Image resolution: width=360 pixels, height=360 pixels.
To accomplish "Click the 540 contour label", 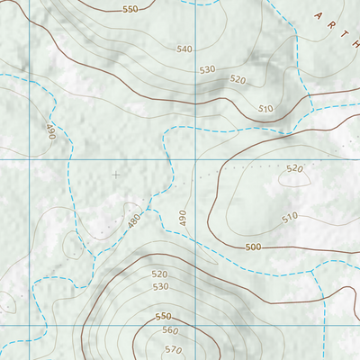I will [184, 49].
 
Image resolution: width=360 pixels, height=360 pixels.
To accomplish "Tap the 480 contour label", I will [135, 220].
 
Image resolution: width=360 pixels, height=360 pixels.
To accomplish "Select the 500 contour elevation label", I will [253, 247].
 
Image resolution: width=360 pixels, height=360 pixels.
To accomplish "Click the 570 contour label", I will [174, 349].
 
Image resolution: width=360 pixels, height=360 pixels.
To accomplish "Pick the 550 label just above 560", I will [163, 317].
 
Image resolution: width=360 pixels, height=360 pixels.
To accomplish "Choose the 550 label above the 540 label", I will [130, 9].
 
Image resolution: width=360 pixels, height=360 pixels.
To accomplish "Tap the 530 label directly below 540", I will [208, 69].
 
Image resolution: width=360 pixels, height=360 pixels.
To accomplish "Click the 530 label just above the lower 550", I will [161, 286].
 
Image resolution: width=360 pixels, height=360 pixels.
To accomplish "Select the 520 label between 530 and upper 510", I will [238, 79].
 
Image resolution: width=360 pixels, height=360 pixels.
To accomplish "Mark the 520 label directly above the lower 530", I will [159, 274].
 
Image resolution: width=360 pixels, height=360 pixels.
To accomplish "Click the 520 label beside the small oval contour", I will [295, 168].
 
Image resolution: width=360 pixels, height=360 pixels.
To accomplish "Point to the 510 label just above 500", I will [290, 218].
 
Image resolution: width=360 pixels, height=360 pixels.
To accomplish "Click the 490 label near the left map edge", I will [50, 133].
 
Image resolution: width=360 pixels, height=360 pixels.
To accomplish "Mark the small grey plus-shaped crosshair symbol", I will [115, 175].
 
